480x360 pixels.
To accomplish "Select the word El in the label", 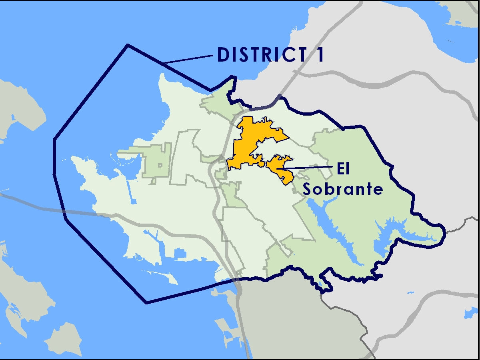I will pyautogui.click(x=342, y=170).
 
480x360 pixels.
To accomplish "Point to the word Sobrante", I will pyautogui.click(x=342, y=189).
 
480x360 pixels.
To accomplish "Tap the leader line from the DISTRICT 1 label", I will pyautogui.click(x=188, y=60).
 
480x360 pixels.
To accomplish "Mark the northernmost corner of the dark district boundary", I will pyautogui.click(x=128, y=45).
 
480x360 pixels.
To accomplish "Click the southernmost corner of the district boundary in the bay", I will pyautogui.click(x=146, y=303).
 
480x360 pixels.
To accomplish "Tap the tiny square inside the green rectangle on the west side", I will pyautogui.click(x=160, y=165).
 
